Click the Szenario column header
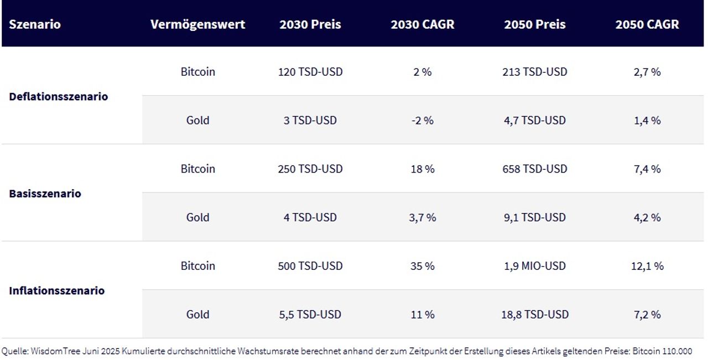35,25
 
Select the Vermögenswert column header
197,25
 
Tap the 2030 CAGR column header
423,25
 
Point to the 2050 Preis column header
535,25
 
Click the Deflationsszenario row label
59,97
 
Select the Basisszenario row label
45,194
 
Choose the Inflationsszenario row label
57,291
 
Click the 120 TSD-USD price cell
310,72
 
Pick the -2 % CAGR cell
423,121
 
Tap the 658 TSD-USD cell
535,169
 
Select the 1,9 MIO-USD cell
535,266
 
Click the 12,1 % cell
647,266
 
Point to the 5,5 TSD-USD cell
310,315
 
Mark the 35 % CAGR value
423,266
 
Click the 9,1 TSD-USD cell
535,217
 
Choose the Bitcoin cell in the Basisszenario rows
197,169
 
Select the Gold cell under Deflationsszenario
197,121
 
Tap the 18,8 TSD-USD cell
535,315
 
